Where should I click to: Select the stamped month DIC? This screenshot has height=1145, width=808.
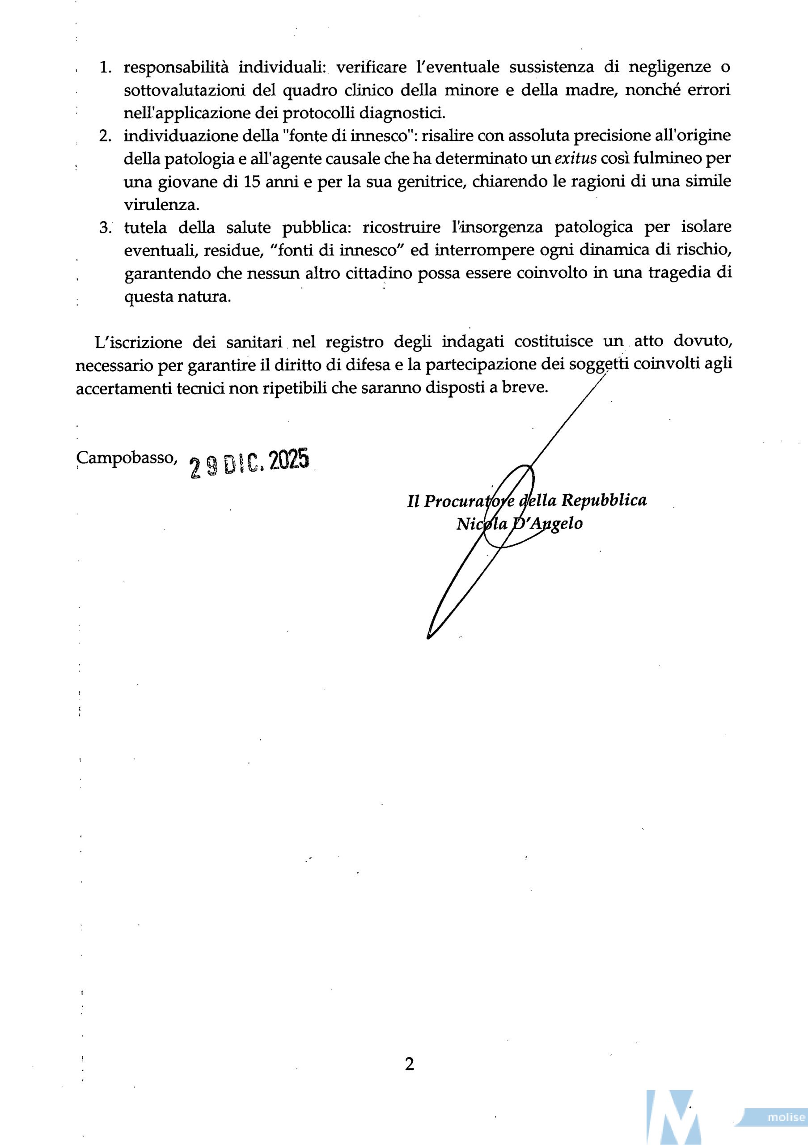pos(243,464)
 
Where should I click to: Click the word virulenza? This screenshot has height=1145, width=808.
pos(161,205)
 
